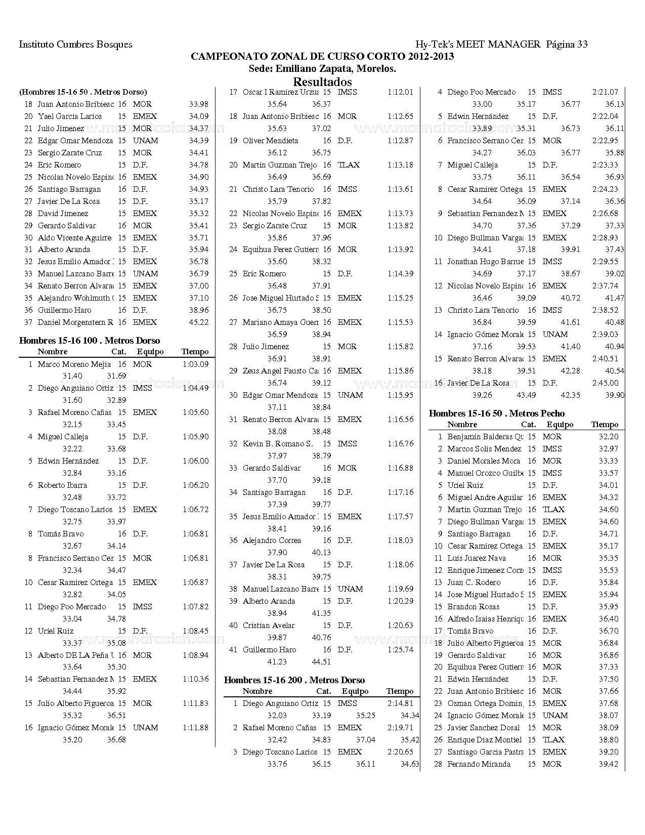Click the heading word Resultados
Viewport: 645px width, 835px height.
pyautogui.click(x=322, y=82)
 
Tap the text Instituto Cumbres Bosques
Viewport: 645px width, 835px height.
pyautogui.click(x=75, y=45)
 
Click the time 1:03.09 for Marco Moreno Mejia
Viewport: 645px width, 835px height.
pyautogui.click(x=195, y=364)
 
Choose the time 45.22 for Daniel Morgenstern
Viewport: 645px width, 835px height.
pyautogui.click(x=198, y=322)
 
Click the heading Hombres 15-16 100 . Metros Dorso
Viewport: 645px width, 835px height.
pyautogui.click(x=90, y=341)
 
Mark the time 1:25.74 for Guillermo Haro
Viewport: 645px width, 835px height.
pyautogui.click(x=400, y=650)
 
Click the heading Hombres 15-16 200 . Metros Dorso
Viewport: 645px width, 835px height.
pyautogui.click(x=294, y=680)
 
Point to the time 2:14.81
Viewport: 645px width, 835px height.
pyautogui.click(x=400, y=703)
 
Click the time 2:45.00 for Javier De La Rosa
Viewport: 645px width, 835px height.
pyautogui.click(x=605, y=383)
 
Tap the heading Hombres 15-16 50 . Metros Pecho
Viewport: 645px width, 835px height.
pyautogui.click(x=497, y=413)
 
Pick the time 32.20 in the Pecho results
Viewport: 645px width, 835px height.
pyautogui.click(x=608, y=437)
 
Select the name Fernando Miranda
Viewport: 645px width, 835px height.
pyautogui.click(x=479, y=764)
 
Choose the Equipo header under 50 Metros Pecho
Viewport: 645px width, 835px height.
pyautogui.click(x=560, y=425)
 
